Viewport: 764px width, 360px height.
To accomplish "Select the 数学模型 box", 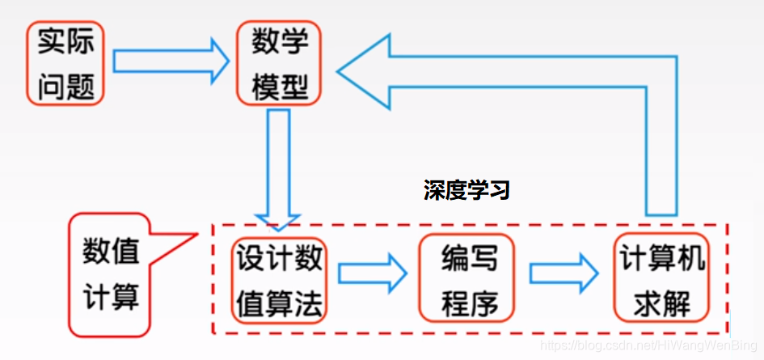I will pyautogui.click(x=280, y=62).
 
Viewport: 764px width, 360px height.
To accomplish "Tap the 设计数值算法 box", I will pyautogui.click(x=279, y=280).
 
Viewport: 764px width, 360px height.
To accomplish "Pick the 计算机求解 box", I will pyautogui.click(x=662, y=280).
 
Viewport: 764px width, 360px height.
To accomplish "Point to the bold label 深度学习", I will pyautogui.click(x=466, y=190).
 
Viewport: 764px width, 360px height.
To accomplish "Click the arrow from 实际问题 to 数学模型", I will pyautogui.click(x=171, y=61).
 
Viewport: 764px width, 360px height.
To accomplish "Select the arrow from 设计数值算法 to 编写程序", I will pyautogui.click(x=372, y=273).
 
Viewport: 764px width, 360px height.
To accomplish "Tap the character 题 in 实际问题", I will pyautogui.click(x=79, y=83).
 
